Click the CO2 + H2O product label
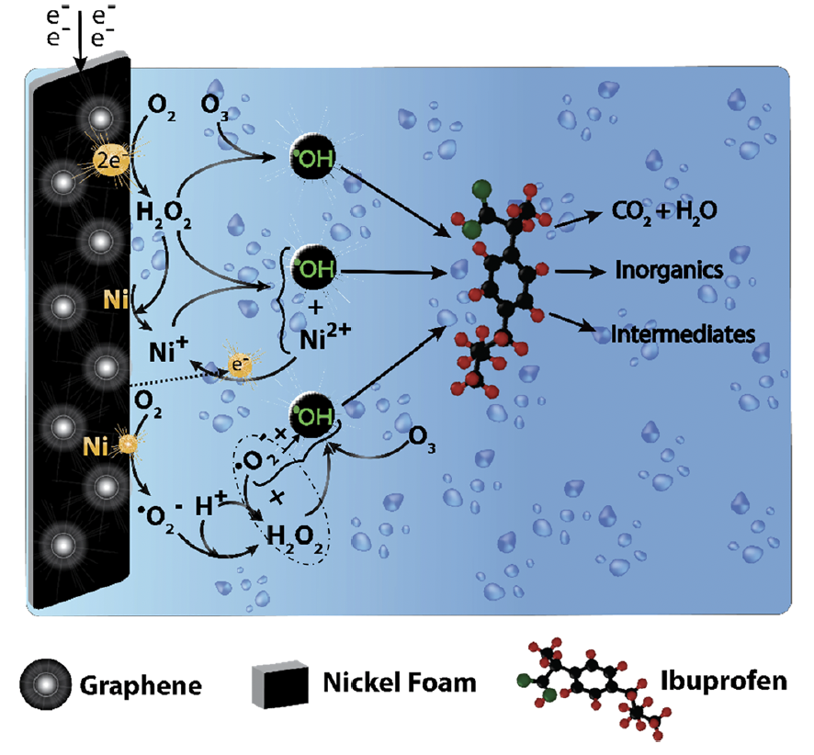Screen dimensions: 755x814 (x=664, y=213)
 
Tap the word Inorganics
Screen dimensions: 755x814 (x=669, y=271)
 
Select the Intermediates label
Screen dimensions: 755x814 (x=683, y=333)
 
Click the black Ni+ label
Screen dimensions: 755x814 (x=167, y=351)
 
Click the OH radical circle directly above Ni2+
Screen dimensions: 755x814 (x=313, y=268)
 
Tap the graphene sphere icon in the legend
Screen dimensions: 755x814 (x=43, y=683)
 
